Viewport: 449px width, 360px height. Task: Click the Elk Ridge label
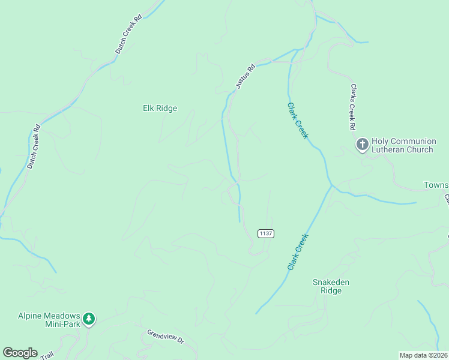[x=160, y=109]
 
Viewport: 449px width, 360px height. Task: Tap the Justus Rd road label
[x=246, y=77]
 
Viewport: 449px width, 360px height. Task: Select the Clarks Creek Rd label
[x=353, y=107]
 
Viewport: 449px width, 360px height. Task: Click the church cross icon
[x=363, y=145]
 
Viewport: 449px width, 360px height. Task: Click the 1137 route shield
[x=266, y=233]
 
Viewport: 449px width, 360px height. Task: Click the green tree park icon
[x=89, y=318]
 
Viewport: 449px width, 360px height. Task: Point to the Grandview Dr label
[x=165, y=335]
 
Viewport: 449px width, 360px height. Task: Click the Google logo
[x=20, y=353]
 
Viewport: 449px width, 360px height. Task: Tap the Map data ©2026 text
[x=423, y=355]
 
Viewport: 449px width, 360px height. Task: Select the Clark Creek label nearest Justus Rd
[x=297, y=121]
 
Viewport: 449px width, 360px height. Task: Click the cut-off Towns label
[x=436, y=185]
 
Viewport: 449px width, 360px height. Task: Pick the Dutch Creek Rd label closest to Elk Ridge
[x=128, y=35]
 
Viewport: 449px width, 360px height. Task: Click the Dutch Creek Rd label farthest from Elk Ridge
[x=32, y=146]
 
